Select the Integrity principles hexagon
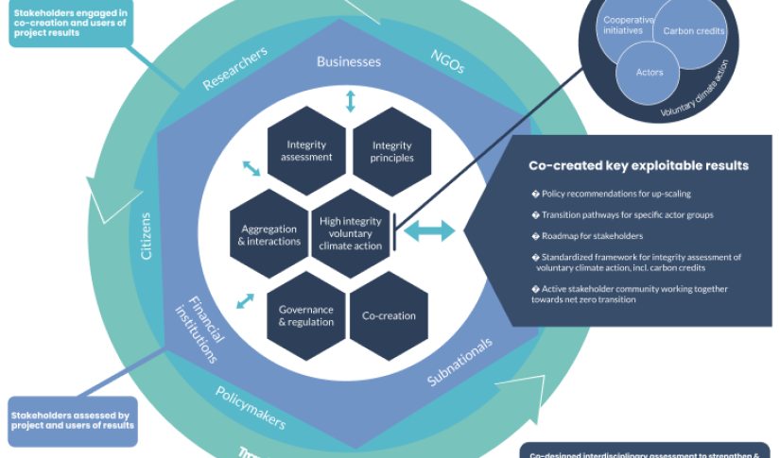[391, 151]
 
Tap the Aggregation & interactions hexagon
[270, 234]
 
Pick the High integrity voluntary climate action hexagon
[351, 233]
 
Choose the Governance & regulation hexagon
[305, 315]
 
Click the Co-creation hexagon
[389, 315]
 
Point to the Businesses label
[348, 62]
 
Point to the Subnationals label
[460, 363]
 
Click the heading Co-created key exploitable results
[638, 165]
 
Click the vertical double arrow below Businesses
[350, 101]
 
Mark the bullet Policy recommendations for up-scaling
[615, 194]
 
